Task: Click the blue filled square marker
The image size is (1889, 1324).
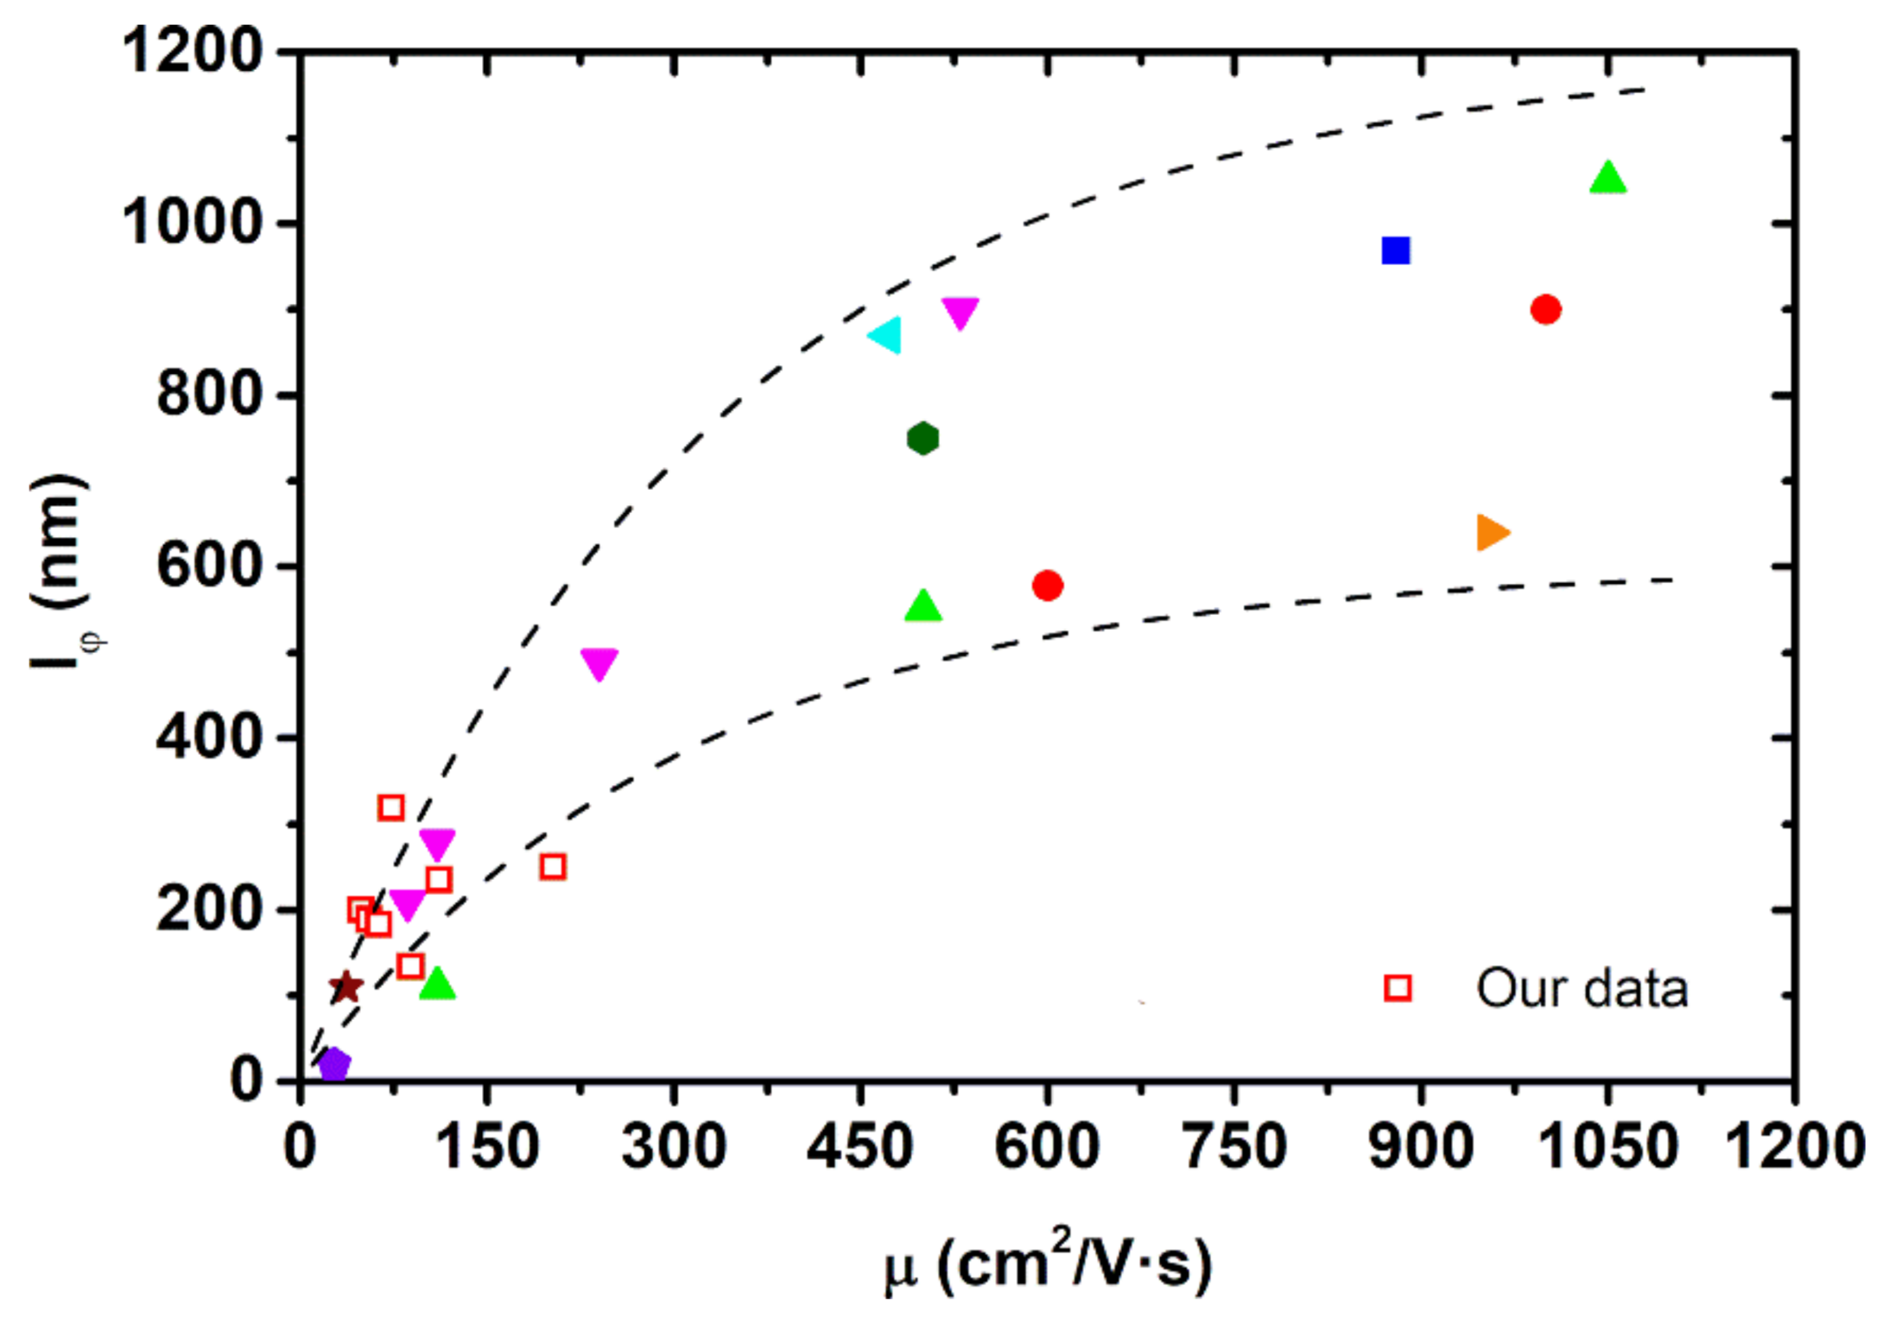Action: (x=1396, y=250)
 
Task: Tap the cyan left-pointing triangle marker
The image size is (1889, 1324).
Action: (x=886, y=335)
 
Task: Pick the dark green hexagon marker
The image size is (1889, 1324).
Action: (x=922, y=439)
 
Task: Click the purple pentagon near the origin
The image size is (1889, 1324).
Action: (x=334, y=1064)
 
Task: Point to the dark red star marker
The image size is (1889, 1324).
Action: (x=346, y=986)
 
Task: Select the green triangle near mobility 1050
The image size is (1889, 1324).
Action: (x=1607, y=179)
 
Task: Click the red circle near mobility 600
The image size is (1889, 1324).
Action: (x=1047, y=586)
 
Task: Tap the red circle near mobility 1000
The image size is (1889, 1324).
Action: (x=1545, y=309)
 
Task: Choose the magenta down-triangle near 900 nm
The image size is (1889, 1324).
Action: (x=960, y=312)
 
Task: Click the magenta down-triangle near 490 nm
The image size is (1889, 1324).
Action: (x=599, y=662)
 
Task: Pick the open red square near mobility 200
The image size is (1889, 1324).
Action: (x=553, y=866)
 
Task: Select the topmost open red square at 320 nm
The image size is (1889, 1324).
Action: (x=390, y=808)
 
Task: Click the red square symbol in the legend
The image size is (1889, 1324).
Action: (x=1398, y=988)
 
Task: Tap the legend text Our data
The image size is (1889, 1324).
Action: (x=1582, y=988)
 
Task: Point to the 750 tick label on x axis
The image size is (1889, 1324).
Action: (x=1234, y=1148)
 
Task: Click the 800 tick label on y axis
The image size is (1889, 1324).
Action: (x=209, y=395)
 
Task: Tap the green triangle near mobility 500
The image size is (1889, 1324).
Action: (x=922, y=606)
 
